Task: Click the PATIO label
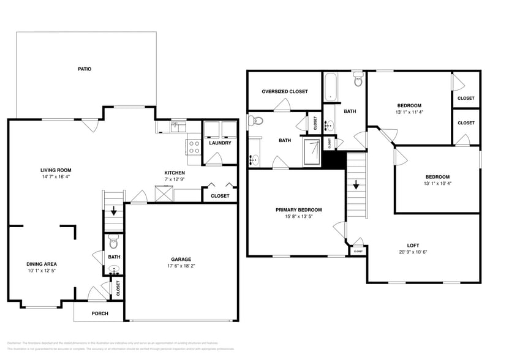(x=85, y=69)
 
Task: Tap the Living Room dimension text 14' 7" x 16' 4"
(x=56, y=177)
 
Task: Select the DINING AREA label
(x=42, y=264)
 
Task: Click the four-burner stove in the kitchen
(x=194, y=147)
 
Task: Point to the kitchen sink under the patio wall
(x=176, y=127)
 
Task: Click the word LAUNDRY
(x=220, y=143)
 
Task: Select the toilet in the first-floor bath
(x=113, y=241)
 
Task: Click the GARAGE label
(x=181, y=259)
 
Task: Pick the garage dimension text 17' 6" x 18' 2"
(x=181, y=266)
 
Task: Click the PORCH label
(x=100, y=313)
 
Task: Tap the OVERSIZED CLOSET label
(x=285, y=91)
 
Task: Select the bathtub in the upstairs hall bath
(x=330, y=86)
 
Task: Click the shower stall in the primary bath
(x=312, y=151)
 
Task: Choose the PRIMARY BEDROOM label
(x=298, y=210)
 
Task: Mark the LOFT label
(x=413, y=245)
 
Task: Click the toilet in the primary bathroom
(x=255, y=121)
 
